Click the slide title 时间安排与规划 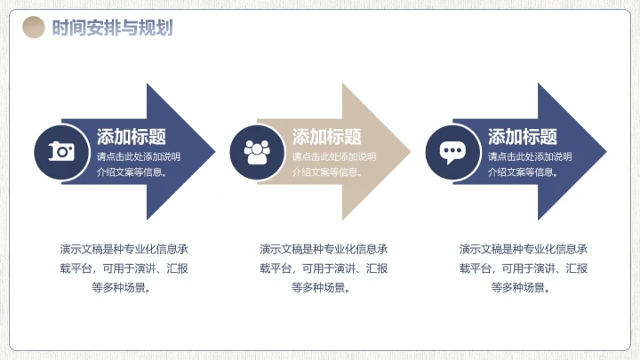point(112,28)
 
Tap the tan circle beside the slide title point(33,28)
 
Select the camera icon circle point(61,151)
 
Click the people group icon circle point(257,151)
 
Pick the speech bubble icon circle point(452,151)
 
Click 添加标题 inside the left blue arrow point(132,137)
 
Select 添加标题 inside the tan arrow point(327,137)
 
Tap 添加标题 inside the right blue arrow point(523,137)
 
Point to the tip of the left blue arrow point(213,151)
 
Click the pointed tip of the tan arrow point(409,151)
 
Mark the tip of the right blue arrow point(604,151)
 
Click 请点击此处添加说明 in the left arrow point(139,156)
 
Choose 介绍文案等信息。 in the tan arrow point(328,172)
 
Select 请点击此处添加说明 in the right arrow point(530,156)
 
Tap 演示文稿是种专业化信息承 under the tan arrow point(324,248)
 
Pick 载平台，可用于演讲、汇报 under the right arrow point(523,268)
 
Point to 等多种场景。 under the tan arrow point(324,287)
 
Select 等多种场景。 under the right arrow point(523,287)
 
